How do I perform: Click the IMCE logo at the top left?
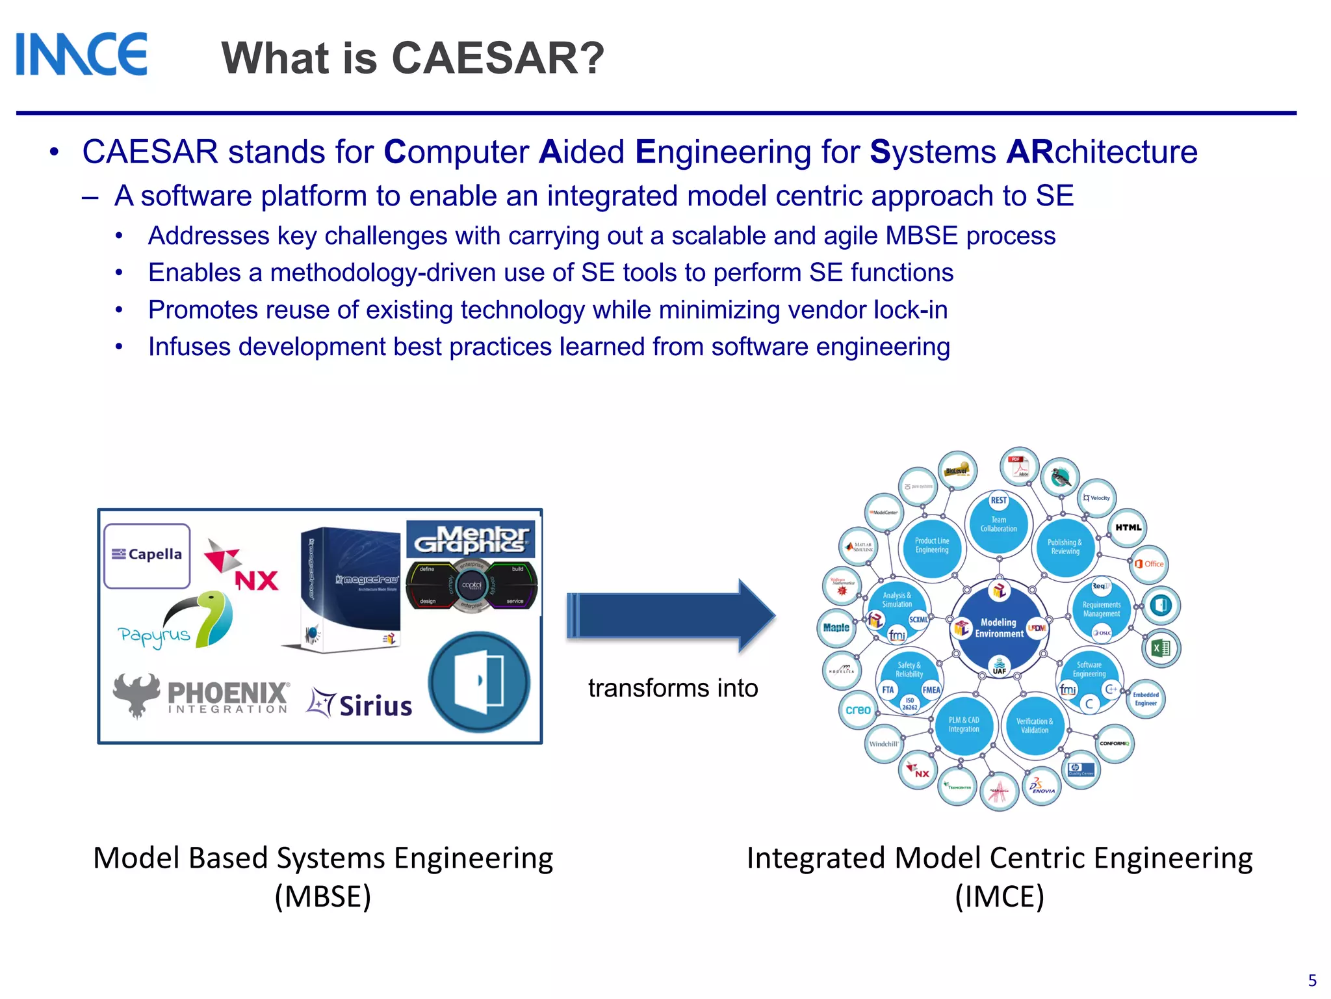click(x=81, y=55)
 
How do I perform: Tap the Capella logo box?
click(x=147, y=555)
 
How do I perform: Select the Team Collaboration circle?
click(x=998, y=523)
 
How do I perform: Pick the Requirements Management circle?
click(x=1101, y=609)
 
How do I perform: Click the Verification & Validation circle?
click(x=1034, y=725)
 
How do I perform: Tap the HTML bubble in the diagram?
click(x=1128, y=527)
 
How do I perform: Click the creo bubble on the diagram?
click(x=858, y=710)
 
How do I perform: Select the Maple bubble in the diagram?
click(x=836, y=628)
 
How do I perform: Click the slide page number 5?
click(x=1312, y=980)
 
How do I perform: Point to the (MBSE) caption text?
click(x=322, y=896)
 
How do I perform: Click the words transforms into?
click(x=673, y=688)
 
